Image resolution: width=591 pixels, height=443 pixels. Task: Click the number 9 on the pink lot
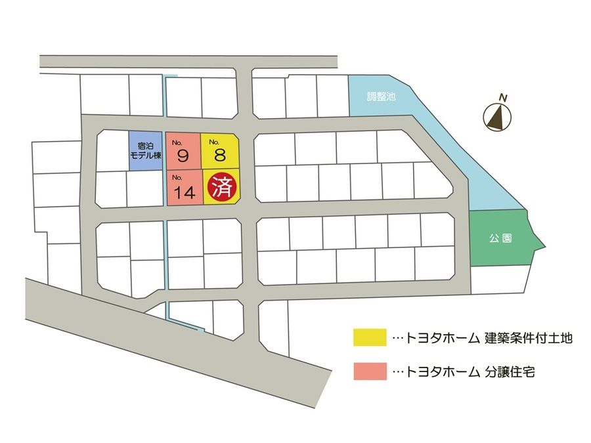[183, 156]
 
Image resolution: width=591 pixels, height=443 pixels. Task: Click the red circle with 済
[221, 186]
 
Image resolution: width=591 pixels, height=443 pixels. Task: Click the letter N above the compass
[502, 98]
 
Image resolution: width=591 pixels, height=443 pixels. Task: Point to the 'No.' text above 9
[177, 142]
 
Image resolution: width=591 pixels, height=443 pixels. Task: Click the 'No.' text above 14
[177, 178]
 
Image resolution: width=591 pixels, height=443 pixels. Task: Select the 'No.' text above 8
[213, 142]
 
